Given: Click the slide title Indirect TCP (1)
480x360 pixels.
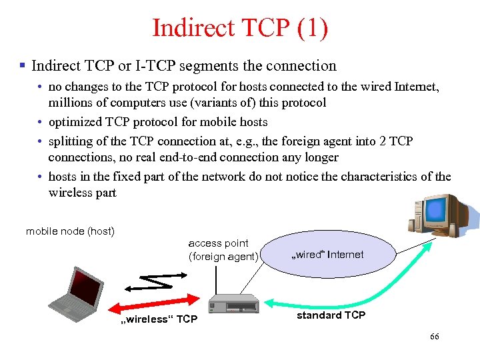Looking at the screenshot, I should (x=240, y=28).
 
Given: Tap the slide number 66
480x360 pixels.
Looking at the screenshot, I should (x=434, y=337).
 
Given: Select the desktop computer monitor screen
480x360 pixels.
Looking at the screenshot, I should (x=436, y=211).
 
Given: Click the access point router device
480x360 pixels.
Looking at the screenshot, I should (x=233, y=304).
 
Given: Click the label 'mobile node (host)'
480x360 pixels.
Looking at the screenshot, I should (x=70, y=231).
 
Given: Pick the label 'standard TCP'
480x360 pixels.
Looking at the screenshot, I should (x=331, y=315).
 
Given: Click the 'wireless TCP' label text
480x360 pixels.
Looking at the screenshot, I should (x=158, y=319).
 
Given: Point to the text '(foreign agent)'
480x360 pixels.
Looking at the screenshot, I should (x=223, y=257).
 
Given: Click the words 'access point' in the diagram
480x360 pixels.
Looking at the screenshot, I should (x=218, y=243).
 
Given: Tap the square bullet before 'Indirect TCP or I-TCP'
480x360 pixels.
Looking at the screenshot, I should (x=22, y=66).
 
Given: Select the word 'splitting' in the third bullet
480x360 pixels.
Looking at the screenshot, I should (x=71, y=141).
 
